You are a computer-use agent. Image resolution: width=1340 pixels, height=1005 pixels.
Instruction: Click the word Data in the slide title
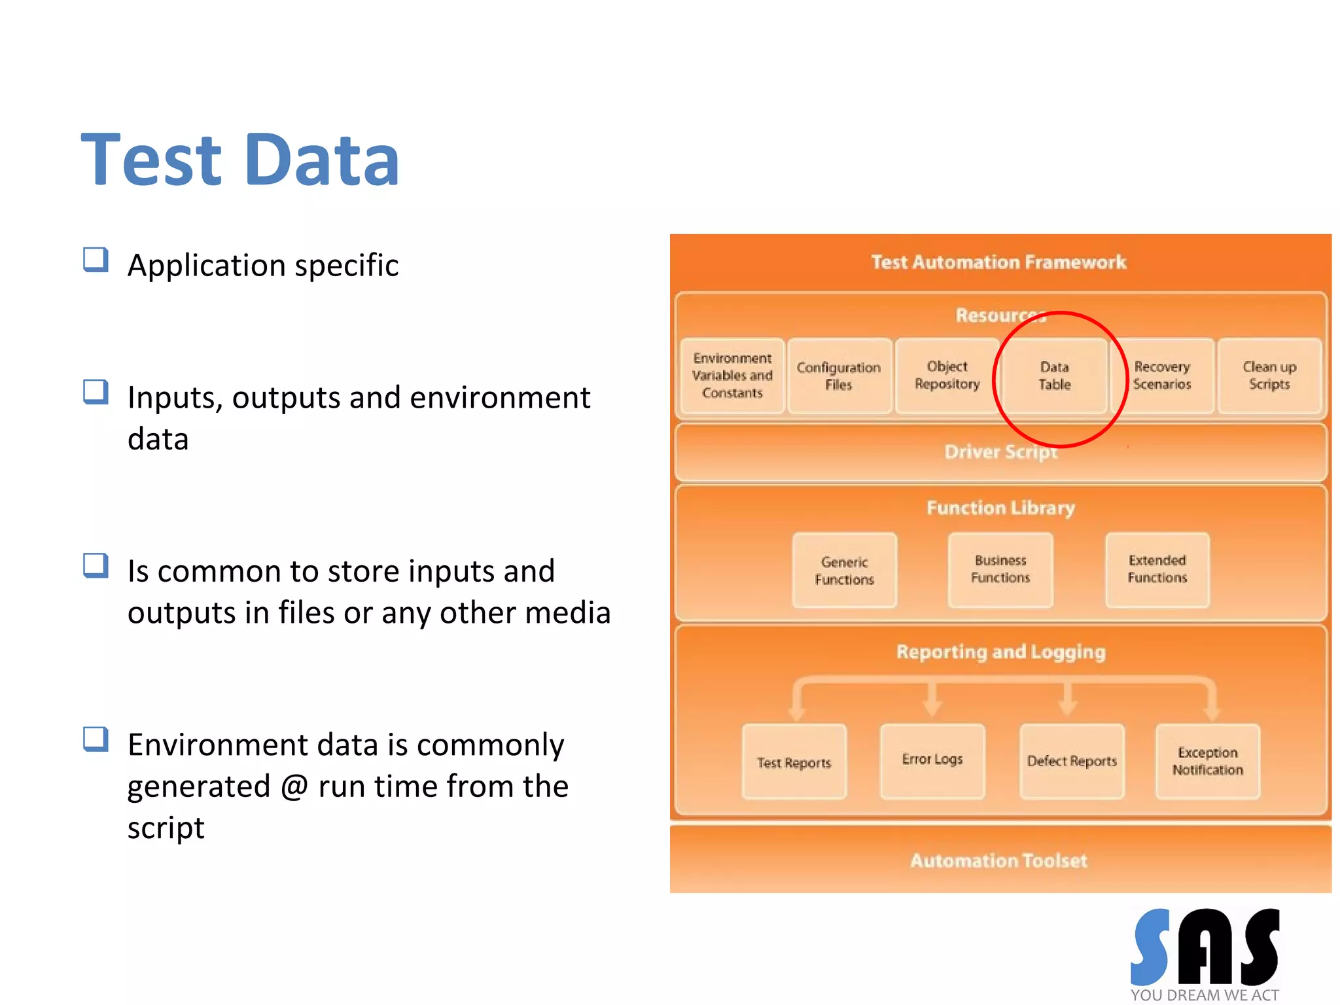click(321, 160)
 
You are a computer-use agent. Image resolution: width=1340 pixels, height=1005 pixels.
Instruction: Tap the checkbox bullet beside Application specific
click(96, 260)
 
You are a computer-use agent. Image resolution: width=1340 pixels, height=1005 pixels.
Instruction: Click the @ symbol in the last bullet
click(294, 786)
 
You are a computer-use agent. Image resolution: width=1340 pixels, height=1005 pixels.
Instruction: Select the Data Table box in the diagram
click(1054, 376)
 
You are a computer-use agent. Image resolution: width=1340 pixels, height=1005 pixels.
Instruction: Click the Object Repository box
click(947, 376)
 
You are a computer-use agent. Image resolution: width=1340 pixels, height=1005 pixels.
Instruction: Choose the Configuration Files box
click(839, 376)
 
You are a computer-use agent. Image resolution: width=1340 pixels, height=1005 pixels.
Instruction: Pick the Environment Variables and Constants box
click(732, 376)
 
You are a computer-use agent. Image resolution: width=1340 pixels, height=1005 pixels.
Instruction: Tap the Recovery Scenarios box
click(1162, 376)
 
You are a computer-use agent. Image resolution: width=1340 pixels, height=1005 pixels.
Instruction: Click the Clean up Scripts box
click(1269, 376)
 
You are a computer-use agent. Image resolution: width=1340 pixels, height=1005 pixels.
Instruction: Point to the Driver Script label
click(1000, 452)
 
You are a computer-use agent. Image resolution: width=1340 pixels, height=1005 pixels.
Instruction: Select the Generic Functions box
click(844, 571)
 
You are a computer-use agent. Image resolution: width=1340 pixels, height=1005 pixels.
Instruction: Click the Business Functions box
click(1000, 569)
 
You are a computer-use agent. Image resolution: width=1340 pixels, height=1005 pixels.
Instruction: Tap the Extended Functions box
click(1157, 569)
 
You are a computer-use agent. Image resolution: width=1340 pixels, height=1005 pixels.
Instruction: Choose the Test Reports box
click(794, 762)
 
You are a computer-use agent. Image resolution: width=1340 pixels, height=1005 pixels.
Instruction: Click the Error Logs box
click(932, 760)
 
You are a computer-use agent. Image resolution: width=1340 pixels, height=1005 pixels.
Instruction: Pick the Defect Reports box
click(1072, 761)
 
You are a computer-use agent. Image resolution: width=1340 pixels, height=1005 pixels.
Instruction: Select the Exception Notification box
click(1207, 761)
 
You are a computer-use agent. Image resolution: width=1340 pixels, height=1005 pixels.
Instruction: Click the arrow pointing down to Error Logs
click(932, 702)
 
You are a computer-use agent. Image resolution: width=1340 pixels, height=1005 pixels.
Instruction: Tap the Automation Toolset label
click(998, 860)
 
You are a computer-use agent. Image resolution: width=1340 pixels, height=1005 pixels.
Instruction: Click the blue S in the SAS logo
click(1151, 947)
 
